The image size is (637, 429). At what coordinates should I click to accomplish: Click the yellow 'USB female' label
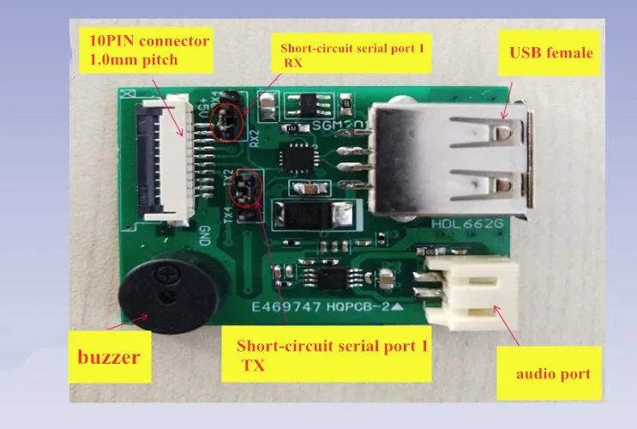click(x=550, y=52)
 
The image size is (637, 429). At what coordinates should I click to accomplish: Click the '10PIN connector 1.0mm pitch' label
click(x=143, y=51)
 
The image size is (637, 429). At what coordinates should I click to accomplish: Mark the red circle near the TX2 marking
click(x=246, y=189)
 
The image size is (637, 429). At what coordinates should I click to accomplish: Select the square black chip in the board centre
click(x=300, y=154)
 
